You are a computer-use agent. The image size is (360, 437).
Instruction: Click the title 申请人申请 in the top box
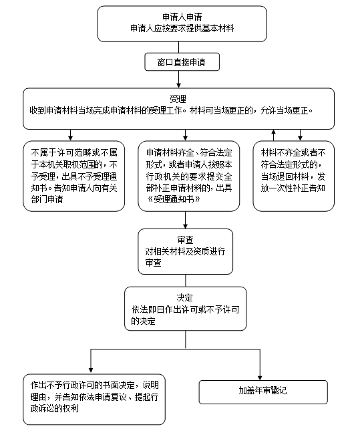tap(182, 17)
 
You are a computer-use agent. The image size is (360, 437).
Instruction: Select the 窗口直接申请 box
tap(182, 62)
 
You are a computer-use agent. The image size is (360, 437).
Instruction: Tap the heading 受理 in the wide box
tap(178, 99)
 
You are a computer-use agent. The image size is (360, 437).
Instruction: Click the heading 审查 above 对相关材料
tap(185, 240)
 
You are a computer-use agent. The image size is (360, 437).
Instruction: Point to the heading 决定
tap(184, 297)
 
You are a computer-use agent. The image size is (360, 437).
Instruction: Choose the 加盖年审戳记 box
tap(263, 392)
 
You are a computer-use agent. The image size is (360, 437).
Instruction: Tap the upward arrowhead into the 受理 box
tap(274, 131)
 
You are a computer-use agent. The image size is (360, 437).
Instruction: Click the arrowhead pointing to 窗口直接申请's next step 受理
tap(178, 86)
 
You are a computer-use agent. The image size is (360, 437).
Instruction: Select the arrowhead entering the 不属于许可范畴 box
tap(71, 138)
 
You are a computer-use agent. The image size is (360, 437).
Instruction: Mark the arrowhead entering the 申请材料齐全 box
tap(185, 138)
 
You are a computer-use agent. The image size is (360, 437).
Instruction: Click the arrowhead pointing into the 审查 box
tap(185, 226)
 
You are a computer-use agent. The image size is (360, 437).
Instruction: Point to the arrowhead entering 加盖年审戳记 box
tap(260, 378)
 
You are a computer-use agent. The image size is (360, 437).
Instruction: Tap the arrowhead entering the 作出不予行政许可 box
tap(91, 370)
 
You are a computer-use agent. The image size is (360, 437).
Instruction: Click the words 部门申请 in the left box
tap(47, 199)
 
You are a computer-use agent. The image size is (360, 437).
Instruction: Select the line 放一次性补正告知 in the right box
tap(293, 188)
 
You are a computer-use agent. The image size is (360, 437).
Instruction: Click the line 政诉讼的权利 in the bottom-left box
tap(55, 408)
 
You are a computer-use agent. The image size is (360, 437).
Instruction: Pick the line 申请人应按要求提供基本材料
tap(182, 29)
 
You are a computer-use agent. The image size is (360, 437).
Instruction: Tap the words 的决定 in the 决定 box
tap(143, 321)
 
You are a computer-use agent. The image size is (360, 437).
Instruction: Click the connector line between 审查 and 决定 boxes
tap(185, 281)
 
